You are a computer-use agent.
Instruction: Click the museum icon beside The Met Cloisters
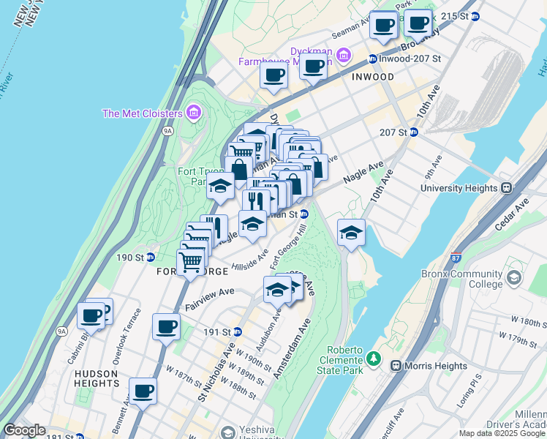[194, 113]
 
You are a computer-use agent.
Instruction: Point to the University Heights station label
[464, 188]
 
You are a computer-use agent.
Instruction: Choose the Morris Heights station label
[431, 366]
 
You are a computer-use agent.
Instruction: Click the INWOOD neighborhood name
[373, 77]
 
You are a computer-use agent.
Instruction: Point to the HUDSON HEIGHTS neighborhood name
[97, 379]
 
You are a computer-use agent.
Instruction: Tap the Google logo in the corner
[24, 430]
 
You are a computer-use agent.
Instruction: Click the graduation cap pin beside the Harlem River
[351, 233]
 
